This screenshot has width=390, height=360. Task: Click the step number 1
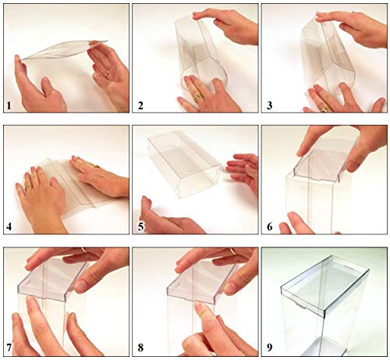pos(9,106)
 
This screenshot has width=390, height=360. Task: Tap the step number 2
pos(140,106)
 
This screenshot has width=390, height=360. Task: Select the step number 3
pos(270,106)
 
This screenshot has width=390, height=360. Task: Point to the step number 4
pos(9,226)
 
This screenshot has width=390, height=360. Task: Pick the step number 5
pos(140,226)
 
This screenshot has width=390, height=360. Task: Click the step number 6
pos(270,226)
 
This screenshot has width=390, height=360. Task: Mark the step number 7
pos(9,348)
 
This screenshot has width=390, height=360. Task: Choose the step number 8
pos(140,348)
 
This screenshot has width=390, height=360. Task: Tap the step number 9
pos(270,348)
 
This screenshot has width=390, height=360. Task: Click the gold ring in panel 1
pos(107,73)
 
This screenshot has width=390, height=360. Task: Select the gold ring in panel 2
pos(198,98)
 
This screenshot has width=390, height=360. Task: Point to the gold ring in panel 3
pos(325,110)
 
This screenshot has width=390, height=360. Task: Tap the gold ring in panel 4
pos(27,187)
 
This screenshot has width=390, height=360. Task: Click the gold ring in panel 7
pos(84,250)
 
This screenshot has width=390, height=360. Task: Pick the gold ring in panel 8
pos(233,251)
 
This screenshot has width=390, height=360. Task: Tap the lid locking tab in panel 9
pos(300,305)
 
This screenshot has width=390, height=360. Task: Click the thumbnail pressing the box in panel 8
pos(200,307)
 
